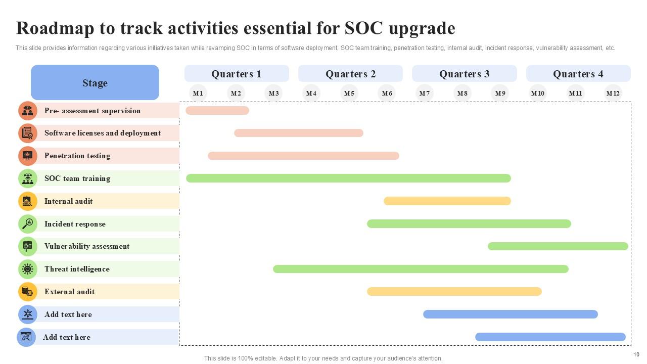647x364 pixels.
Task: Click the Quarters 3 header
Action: tap(464, 74)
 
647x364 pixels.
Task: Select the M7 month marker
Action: tap(425, 94)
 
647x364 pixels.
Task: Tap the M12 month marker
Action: tap(613, 94)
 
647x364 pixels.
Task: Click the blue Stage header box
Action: tap(95, 82)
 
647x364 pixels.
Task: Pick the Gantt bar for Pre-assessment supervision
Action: tap(217, 111)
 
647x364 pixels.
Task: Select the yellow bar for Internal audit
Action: tap(447, 201)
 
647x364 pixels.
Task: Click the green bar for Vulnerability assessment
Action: tap(558, 246)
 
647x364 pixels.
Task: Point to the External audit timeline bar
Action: tap(454, 292)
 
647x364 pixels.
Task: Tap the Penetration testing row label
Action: tap(77, 156)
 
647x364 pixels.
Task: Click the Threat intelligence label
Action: tap(77, 269)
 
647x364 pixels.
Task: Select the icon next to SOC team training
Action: tap(28, 178)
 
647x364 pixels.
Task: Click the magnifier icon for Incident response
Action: tap(28, 223)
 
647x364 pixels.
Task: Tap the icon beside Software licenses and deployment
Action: tap(28, 133)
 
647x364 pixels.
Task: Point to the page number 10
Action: tap(636, 354)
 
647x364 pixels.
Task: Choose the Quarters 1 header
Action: tap(236, 74)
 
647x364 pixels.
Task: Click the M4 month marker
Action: tap(311, 94)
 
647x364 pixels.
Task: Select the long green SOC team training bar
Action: tap(348, 178)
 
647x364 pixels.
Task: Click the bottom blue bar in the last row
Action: tap(550, 337)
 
